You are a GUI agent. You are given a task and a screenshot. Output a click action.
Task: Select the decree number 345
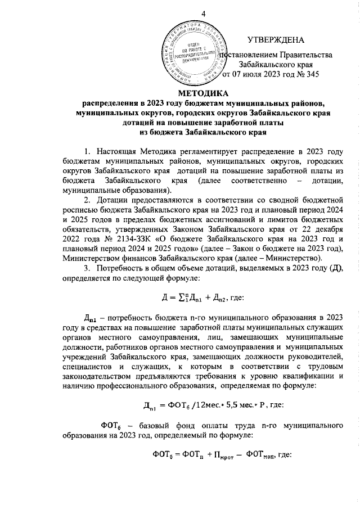coord(312,75)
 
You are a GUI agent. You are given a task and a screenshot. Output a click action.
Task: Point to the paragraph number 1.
coord(86,152)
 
